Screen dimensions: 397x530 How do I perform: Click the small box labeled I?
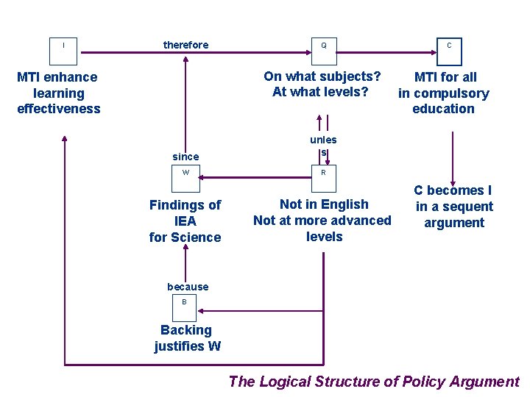(x=63, y=46)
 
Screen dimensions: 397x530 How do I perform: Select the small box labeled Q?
(x=323, y=46)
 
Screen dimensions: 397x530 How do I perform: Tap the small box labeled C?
(x=449, y=46)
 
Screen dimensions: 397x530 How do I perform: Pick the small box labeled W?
(x=185, y=173)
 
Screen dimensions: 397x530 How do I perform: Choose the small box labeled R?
(x=323, y=173)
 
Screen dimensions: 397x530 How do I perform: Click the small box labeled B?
(x=185, y=301)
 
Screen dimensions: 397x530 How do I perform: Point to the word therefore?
(x=185, y=45)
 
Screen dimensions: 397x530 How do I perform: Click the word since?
(x=185, y=156)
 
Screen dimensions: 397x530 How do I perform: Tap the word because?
(x=188, y=287)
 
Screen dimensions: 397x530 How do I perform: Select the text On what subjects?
(x=322, y=76)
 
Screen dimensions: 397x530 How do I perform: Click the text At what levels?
(x=320, y=92)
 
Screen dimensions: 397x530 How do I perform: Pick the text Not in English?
(x=324, y=204)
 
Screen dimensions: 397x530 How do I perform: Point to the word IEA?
(x=185, y=221)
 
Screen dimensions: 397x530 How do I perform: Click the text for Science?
(x=185, y=237)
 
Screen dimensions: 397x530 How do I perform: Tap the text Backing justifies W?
(x=187, y=338)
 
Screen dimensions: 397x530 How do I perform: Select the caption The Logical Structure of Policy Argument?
(x=374, y=381)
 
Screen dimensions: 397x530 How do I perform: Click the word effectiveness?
(x=59, y=109)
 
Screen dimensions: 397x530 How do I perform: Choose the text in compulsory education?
(x=443, y=101)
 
